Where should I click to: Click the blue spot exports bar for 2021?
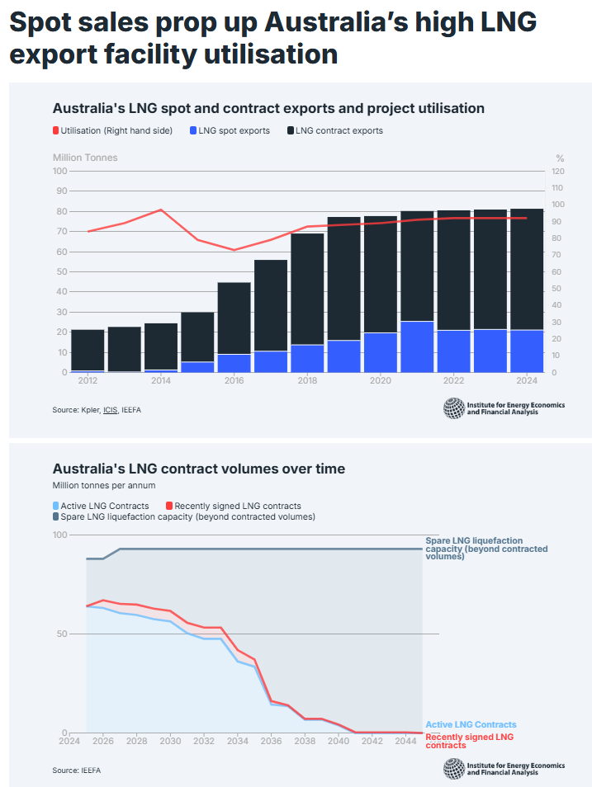417,346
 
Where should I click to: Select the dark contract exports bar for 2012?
88,350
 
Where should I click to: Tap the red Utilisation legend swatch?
56,130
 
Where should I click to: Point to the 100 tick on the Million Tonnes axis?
59,171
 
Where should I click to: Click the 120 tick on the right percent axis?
557,171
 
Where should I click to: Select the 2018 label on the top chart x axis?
307,381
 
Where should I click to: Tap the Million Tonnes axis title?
85,158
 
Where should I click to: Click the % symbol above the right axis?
559,158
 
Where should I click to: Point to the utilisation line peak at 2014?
161,210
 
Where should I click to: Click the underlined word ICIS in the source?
111,410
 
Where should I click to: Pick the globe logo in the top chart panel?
454,408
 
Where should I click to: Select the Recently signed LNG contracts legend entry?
238,506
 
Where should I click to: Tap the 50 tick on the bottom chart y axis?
59,634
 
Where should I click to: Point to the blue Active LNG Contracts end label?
471,725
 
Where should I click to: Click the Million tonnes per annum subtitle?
104,486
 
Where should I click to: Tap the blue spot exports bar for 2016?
234,363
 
